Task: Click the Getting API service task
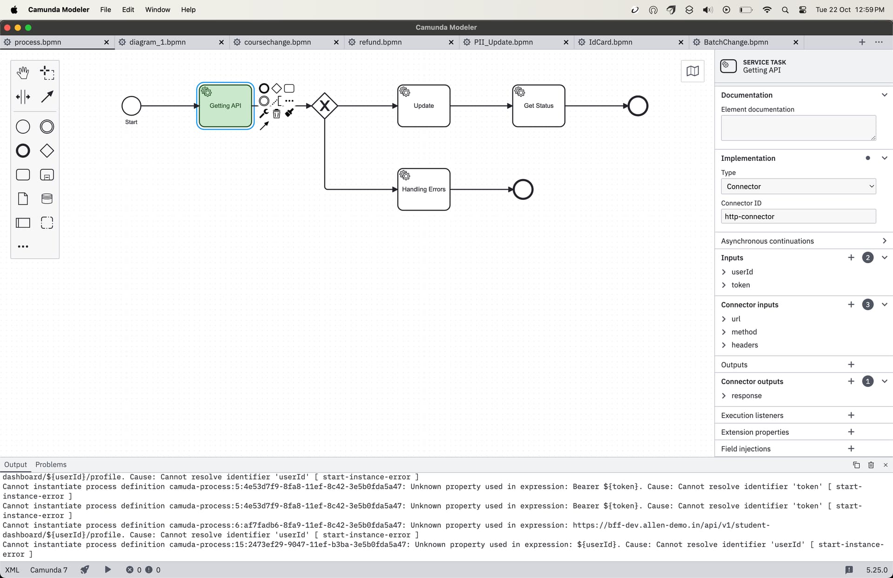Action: (x=225, y=106)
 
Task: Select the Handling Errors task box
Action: (x=424, y=189)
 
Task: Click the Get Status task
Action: (x=539, y=106)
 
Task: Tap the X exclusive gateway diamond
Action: (x=325, y=106)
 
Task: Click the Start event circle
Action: (x=131, y=106)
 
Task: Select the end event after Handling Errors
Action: (x=523, y=189)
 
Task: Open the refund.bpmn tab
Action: (x=380, y=42)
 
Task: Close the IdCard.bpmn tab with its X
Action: (x=681, y=42)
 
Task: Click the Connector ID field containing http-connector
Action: (x=798, y=216)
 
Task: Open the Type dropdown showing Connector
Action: (x=798, y=186)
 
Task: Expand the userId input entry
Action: (x=724, y=272)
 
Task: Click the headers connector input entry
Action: (x=745, y=345)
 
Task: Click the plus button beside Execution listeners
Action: (x=851, y=415)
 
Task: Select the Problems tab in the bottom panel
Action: (x=51, y=465)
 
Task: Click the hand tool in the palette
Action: (x=23, y=73)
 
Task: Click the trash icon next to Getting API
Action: (x=277, y=113)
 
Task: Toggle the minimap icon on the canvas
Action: (x=693, y=71)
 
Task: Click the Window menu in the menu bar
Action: (x=158, y=9)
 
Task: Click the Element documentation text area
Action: (x=798, y=128)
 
